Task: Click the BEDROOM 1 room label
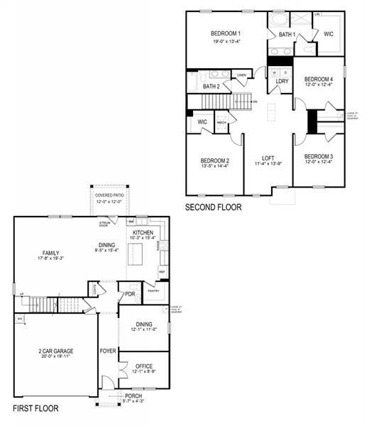[x=226, y=33]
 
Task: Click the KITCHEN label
[x=143, y=233]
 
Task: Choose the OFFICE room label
[x=143, y=367]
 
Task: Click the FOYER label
[x=108, y=351]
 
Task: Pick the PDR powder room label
[x=130, y=294]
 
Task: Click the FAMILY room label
[x=50, y=253]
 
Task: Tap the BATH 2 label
[x=211, y=87]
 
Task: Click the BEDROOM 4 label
[x=318, y=79]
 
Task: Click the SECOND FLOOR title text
[x=213, y=208]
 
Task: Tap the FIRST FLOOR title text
[x=35, y=408]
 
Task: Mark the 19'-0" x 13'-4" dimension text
[x=226, y=42]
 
